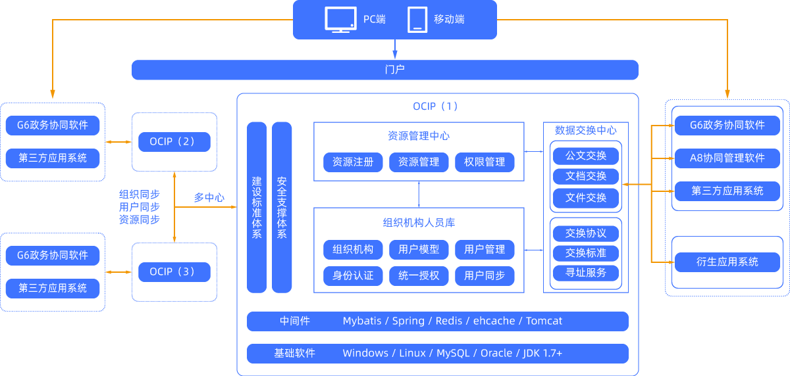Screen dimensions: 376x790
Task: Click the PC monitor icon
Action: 341,20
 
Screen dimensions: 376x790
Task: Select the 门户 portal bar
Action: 385,70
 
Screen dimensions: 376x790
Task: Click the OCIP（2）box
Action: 174,141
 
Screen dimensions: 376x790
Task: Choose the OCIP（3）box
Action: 174,271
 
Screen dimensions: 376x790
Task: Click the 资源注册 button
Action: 353,162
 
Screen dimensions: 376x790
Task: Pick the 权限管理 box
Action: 485,162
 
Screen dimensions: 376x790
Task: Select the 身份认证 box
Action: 353,275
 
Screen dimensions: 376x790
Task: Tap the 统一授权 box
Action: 419,275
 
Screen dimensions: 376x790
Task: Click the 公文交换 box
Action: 586,156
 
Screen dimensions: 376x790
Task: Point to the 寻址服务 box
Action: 586,272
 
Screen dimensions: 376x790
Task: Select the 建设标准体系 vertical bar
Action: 257,207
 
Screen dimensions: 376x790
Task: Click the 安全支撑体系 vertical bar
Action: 282,207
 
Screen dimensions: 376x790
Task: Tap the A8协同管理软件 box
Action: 727,158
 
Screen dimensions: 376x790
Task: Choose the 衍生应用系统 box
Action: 727,262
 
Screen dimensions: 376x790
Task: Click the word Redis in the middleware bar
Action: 449,321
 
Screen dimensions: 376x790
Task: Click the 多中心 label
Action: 209,197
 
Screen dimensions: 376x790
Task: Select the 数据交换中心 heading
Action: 586,130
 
